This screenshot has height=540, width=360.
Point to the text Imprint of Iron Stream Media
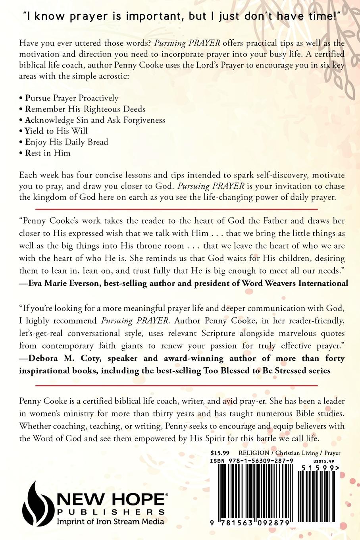coord(111,521)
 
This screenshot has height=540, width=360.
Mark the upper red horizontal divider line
coord(177,208)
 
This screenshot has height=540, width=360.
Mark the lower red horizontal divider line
coord(177,385)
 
